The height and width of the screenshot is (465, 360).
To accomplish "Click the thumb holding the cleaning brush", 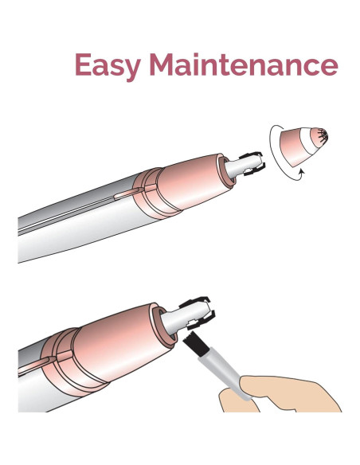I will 255,390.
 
